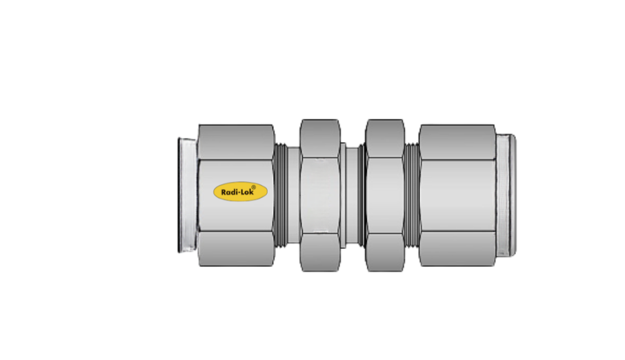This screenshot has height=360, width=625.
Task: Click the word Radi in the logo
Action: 228,194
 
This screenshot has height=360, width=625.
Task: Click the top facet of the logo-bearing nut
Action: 236,143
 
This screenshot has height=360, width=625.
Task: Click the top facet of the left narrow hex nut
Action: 320,138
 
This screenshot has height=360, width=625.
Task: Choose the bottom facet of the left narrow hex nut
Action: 320,253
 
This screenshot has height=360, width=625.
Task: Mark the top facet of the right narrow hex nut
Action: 385,138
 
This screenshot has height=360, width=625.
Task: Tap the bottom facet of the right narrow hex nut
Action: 385,253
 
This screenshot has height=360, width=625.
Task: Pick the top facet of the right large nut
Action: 457,143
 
